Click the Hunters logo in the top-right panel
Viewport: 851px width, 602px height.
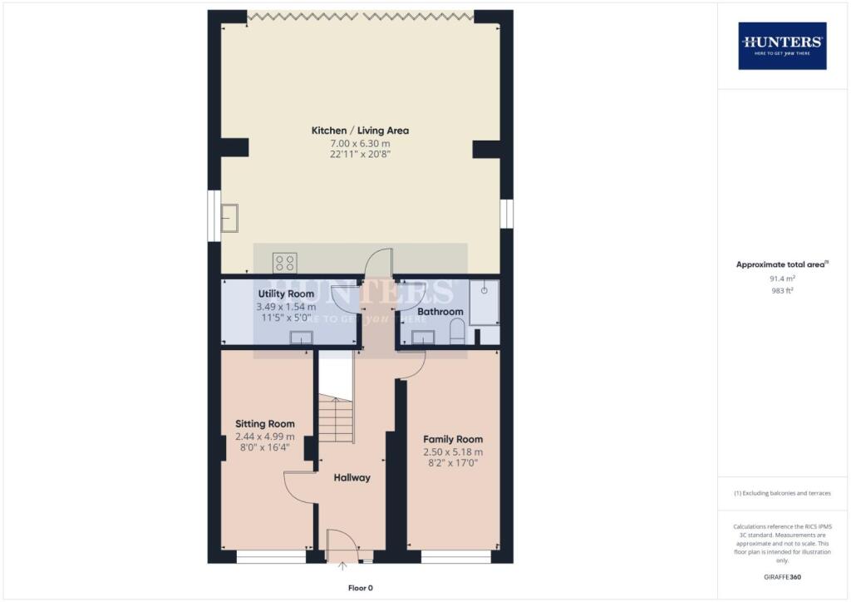click(x=781, y=45)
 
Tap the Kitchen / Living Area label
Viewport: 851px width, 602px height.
click(x=360, y=131)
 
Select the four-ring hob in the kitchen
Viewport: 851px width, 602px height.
click(x=284, y=263)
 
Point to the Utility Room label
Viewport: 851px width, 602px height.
click(x=286, y=294)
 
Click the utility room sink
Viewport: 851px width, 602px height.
click(x=300, y=337)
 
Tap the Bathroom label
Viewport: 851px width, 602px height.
click(x=440, y=312)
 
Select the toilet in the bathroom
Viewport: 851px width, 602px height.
click(x=456, y=333)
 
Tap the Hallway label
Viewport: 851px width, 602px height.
click(x=352, y=477)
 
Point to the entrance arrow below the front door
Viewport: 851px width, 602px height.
click(x=343, y=568)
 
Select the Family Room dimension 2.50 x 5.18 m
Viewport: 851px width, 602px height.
click(x=453, y=452)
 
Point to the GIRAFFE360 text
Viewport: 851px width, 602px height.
click(x=780, y=576)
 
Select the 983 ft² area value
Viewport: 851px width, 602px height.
click(x=780, y=291)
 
